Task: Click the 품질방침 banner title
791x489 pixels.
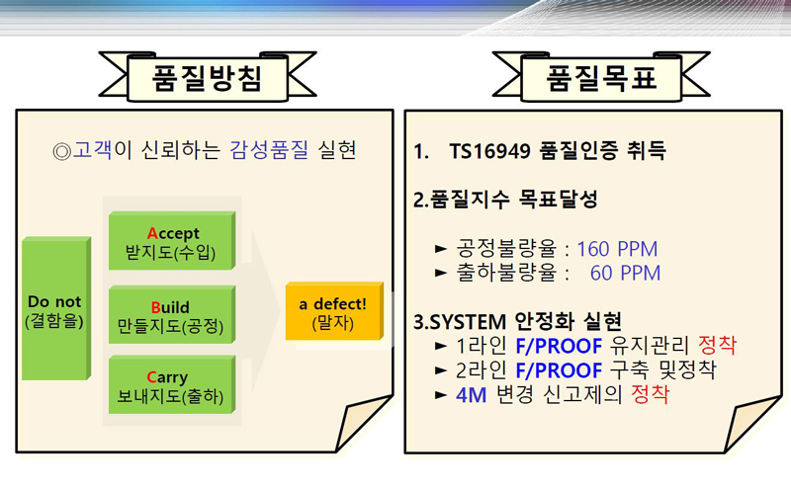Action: (x=208, y=78)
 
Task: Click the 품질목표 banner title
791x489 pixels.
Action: (x=601, y=78)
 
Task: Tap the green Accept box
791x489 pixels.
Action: (x=172, y=241)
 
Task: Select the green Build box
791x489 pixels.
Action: (x=172, y=315)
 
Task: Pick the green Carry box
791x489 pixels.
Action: (x=172, y=385)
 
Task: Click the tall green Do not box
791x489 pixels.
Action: (x=56, y=308)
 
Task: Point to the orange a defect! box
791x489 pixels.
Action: (x=334, y=311)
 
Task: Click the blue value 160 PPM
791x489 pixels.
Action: (x=617, y=249)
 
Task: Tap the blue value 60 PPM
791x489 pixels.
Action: (x=625, y=273)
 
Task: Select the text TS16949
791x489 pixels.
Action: (x=489, y=151)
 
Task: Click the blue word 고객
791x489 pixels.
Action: (x=93, y=150)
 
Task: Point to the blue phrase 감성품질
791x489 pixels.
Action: (x=269, y=150)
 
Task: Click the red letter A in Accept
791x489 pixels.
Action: (x=152, y=233)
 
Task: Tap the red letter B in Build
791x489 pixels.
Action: (x=156, y=307)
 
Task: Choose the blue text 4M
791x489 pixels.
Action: (x=472, y=395)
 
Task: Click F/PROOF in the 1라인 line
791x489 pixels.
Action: (x=559, y=347)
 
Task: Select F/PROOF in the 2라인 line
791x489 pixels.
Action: (x=559, y=370)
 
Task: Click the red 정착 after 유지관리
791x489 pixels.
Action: (x=718, y=346)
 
